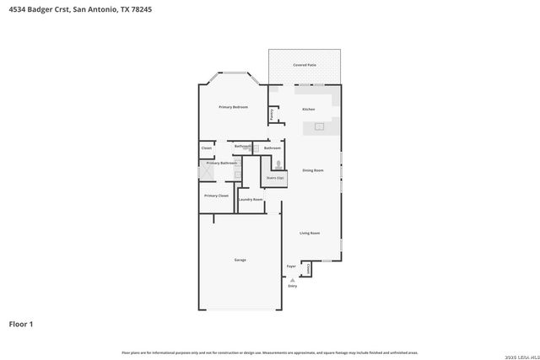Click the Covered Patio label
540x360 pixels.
coord(305,64)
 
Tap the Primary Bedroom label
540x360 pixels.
coord(233,107)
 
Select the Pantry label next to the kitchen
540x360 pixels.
coord(272,113)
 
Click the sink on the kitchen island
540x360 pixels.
coord(320,127)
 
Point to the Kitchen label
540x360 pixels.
coord(309,109)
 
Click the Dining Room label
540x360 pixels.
coord(312,170)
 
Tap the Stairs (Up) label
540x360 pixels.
coord(275,178)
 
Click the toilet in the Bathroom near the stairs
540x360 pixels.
coord(278,164)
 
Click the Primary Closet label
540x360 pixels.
coord(216,195)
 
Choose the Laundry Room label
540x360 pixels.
coord(251,199)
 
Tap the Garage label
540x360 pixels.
coord(240,260)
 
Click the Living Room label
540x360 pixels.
coord(310,233)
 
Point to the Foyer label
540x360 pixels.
coord(291,266)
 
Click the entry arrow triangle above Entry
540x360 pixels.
coord(293,279)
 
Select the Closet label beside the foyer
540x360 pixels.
coord(309,266)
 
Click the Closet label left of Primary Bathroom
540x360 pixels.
coord(207,148)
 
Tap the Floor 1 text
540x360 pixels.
coord(21,323)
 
